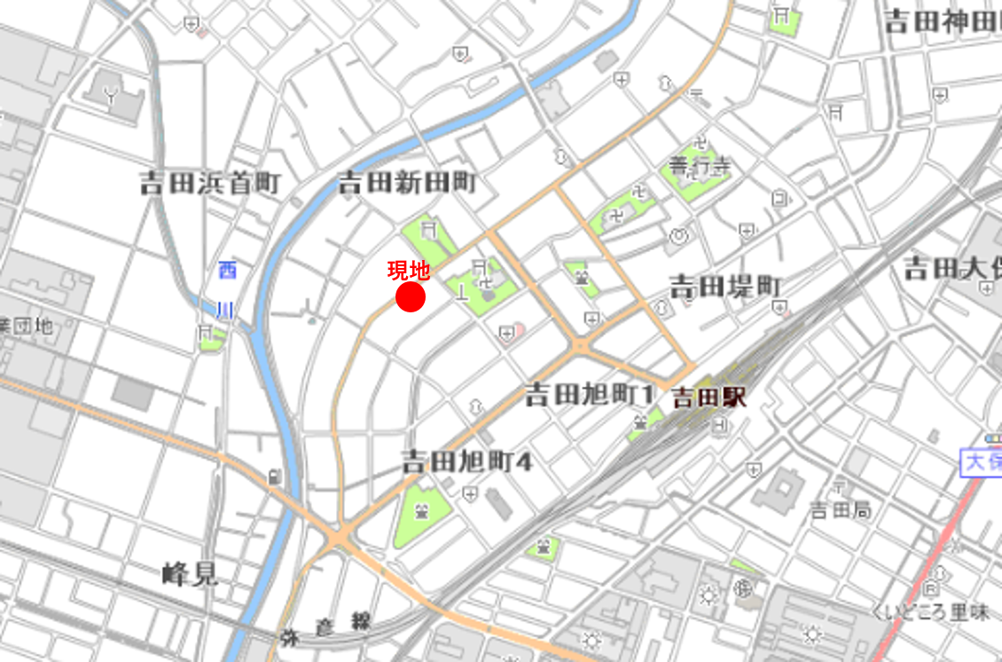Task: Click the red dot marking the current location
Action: [411, 298]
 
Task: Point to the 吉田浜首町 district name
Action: [210, 184]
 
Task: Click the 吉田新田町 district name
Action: [408, 184]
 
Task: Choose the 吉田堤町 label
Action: [724, 286]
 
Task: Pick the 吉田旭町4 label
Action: [466, 461]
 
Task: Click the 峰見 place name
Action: [190, 574]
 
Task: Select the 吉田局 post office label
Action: [841, 510]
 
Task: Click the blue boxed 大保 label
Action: [982, 461]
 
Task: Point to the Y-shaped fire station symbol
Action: [112, 99]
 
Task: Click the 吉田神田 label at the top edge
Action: [942, 22]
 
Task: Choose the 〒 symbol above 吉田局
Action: [840, 485]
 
